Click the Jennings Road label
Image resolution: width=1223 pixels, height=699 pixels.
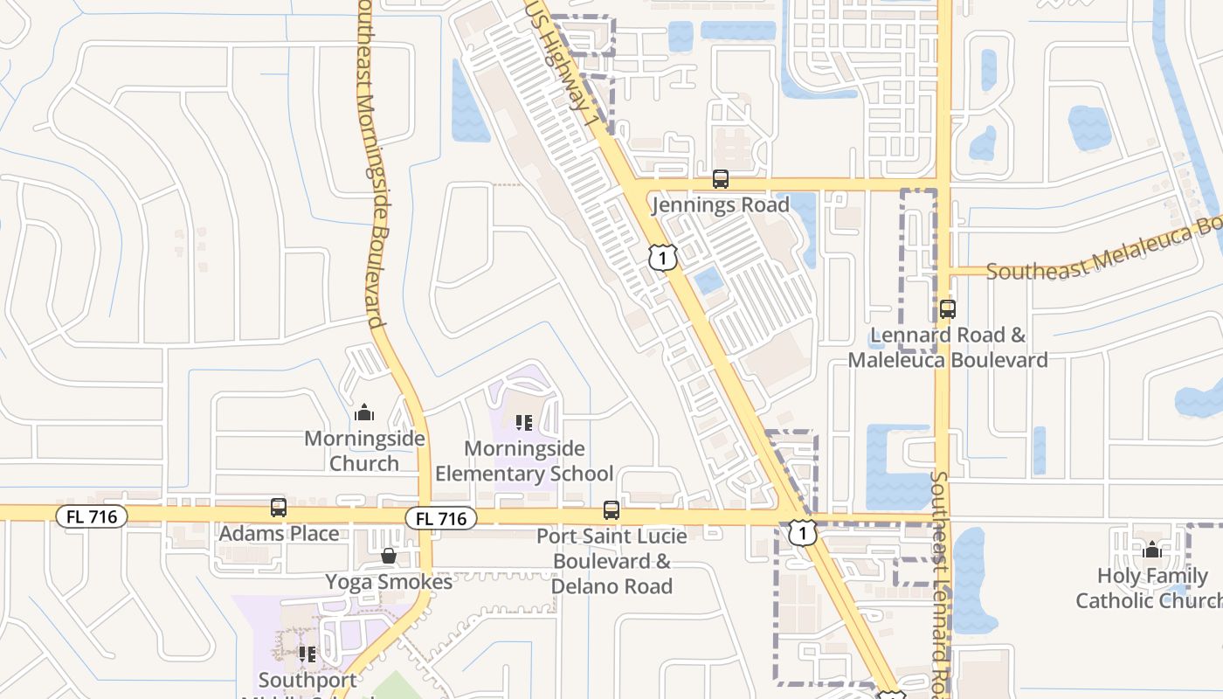click(721, 205)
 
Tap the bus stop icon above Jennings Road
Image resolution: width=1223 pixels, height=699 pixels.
click(721, 179)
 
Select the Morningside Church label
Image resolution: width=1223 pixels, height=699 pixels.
click(364, 451)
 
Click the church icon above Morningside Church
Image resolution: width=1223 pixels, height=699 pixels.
click(364, 412)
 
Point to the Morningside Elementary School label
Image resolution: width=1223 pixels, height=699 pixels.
click(524, 461)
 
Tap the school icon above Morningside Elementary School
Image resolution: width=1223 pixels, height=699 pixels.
click(524, 423)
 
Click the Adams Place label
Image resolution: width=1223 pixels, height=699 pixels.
click(279, 533)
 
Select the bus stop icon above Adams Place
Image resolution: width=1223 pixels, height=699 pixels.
click(279, 507)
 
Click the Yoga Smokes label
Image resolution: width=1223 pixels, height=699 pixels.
click(389, 582)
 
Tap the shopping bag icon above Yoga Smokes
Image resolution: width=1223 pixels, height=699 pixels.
click(389, 556)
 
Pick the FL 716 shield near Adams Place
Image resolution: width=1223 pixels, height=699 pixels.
click(92, 516)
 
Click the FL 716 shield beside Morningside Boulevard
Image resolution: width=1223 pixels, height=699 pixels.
click(441, 518)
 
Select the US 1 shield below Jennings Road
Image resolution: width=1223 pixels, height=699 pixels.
click(663, 257)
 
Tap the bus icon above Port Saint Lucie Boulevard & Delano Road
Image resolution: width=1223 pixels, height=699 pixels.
click(611, 509)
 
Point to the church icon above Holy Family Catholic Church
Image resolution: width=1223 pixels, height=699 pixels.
click(1151, 550)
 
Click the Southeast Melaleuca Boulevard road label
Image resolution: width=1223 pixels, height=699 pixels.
click(1102, 253)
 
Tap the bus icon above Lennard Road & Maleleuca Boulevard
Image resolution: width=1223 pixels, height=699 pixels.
click(948, 308)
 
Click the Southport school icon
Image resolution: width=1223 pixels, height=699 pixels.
click(307, 654)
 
